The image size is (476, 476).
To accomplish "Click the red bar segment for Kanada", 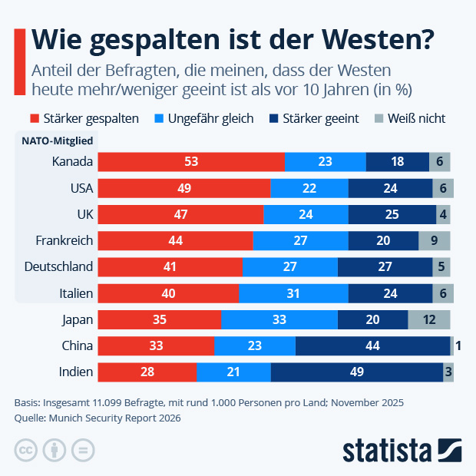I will point(191,161).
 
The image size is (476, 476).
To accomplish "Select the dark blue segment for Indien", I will point(356,372).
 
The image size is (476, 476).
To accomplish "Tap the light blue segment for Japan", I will point(279,319).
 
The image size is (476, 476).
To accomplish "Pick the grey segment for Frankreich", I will point(434,240).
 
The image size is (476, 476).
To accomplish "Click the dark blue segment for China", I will point(372,345).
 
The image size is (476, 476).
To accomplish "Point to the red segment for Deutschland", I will point(170,266).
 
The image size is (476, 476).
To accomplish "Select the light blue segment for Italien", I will point(293,293).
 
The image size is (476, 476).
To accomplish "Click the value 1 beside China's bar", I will point(458,345).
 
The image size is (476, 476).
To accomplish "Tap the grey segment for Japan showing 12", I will point(428,319).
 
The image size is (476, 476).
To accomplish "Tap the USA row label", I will point(79,188).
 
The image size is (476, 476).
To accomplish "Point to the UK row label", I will point(84,214).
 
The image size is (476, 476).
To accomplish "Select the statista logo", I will point(401,449).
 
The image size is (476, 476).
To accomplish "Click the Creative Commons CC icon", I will point(26,449).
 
